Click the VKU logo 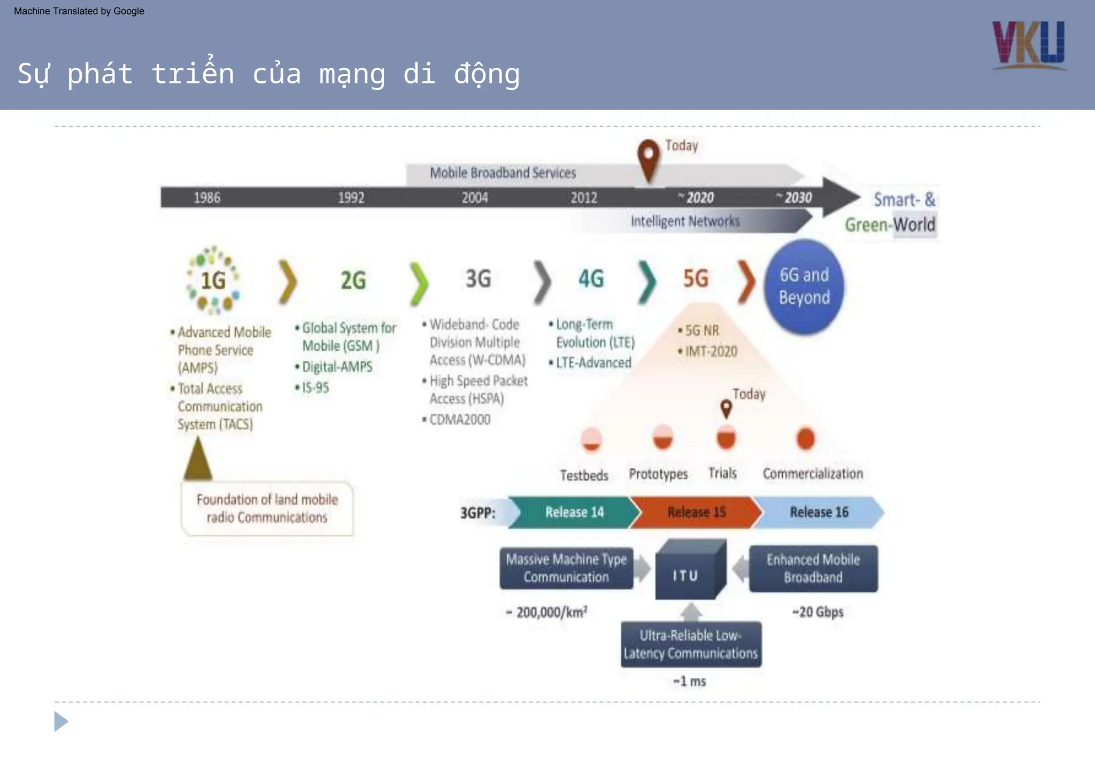pos(1029,45)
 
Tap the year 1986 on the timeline pos(206,198)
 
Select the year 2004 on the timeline pos(475,198)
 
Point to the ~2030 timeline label pos(795,198)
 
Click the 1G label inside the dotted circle pos(213,281)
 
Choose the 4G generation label pos(591,279)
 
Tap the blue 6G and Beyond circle pos(804,287)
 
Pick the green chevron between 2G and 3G pos(419,283)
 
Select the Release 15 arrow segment pos(696,512)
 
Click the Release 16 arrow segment pos(819,512)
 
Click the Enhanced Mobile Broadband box pos(813,568)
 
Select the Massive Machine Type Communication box pos(566,568)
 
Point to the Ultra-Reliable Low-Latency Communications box pos(690,644)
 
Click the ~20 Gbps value pos(818,612)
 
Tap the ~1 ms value pos(689,682)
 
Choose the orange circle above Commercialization pos(806,439)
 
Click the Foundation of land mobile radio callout pos(267,508)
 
